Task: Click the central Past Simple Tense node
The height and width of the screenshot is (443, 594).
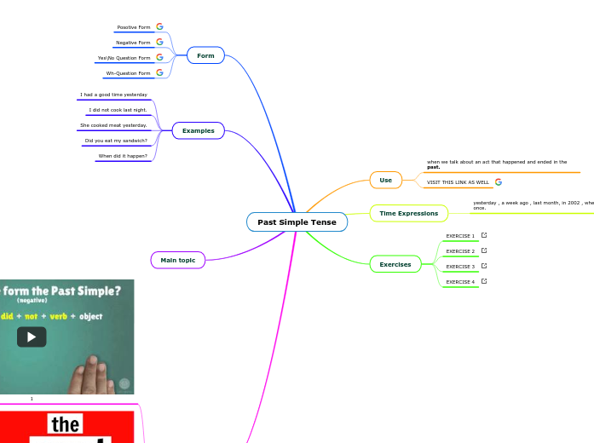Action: [x=297, y=222]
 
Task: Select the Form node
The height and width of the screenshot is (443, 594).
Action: [x=205, y=55]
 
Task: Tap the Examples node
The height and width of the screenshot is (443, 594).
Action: [x=198, y=130]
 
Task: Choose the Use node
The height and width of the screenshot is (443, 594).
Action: [x=385, y=180]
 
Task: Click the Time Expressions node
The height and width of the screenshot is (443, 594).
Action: [x=408, y=213]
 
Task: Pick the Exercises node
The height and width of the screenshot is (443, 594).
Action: [x=395, y=264]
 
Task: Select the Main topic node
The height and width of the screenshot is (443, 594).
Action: [x=177, y=260]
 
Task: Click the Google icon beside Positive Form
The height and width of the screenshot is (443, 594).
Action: [x=159, y=26]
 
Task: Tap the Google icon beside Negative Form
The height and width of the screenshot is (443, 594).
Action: [x=159, y=42]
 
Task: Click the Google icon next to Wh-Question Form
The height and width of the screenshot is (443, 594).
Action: [x=159, y=72]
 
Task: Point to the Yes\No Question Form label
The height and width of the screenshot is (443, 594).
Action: [x=124, y=58]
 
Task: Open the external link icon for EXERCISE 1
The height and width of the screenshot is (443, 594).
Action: [x=484, y=235]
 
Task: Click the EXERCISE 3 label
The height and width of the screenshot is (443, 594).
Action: [x=460, y=267]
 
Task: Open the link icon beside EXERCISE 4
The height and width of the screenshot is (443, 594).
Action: [x=484, y=280]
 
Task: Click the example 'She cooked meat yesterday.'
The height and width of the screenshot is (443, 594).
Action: [x=113, y=125]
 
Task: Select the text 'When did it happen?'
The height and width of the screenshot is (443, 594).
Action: [x=123, y=156]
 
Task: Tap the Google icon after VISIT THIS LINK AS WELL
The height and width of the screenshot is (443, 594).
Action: [x=499, y=181]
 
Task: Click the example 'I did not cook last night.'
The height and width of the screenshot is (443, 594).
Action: [x=118, y=110]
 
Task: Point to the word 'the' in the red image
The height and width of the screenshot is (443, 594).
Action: [x=66, y=424]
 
